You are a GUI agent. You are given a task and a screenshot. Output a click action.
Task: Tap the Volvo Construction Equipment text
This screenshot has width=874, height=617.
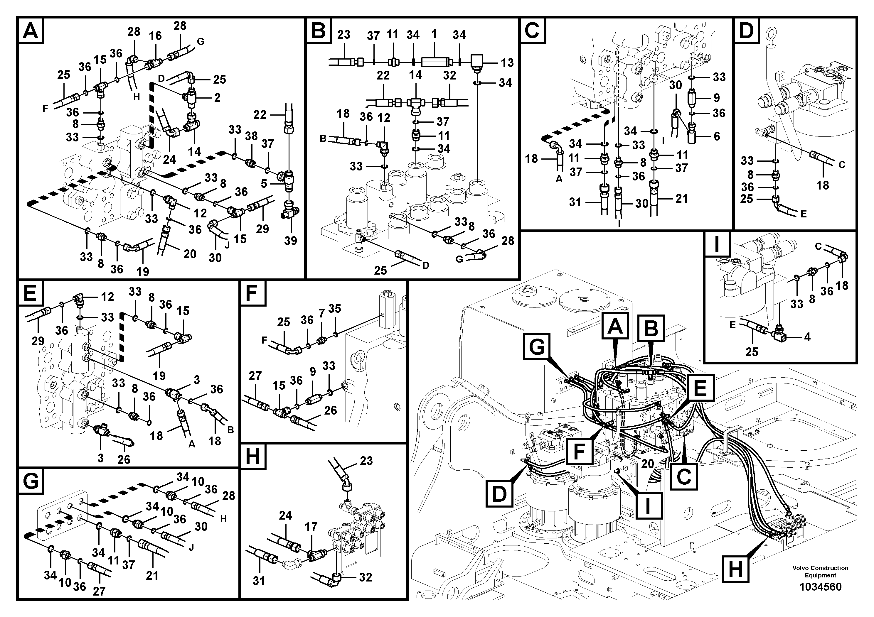[x=820, y=571]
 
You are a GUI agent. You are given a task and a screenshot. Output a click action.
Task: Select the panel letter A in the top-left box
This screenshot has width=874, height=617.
[x=31, y=31]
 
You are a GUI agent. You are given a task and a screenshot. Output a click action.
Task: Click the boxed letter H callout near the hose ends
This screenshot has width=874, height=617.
[x=735, y=569]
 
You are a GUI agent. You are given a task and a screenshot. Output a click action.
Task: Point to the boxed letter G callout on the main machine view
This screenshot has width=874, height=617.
[x=537, y=346]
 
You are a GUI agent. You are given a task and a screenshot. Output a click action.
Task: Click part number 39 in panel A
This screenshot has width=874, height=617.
[x=290, y=241]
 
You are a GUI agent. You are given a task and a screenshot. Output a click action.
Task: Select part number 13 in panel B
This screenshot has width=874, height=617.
[x=507, y=63]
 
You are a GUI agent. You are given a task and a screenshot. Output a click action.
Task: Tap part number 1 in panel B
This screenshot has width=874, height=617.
[x=434, y=34]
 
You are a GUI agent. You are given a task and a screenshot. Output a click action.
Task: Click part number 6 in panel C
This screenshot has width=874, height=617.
[x=717, y=136]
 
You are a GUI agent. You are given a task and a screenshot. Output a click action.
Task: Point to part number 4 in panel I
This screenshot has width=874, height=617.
[x=807, y=337]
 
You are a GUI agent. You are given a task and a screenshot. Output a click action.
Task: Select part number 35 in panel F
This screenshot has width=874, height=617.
[x=335, y=309]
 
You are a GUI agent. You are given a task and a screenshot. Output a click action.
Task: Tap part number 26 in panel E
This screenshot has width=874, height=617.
[x=124, y=459]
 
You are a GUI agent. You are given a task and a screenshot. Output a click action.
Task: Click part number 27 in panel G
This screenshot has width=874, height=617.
[x=99, y=591]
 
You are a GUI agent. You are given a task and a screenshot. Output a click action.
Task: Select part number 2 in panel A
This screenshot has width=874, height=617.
[x=217, y=98]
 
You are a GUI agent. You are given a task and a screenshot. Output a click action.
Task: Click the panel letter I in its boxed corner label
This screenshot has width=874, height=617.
[x=717, y=244]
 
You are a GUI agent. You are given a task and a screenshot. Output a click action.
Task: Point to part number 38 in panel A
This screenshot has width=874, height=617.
[x=251, y=136]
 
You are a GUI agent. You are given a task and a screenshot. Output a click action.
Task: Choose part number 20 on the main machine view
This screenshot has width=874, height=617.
[x=647, y=464]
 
